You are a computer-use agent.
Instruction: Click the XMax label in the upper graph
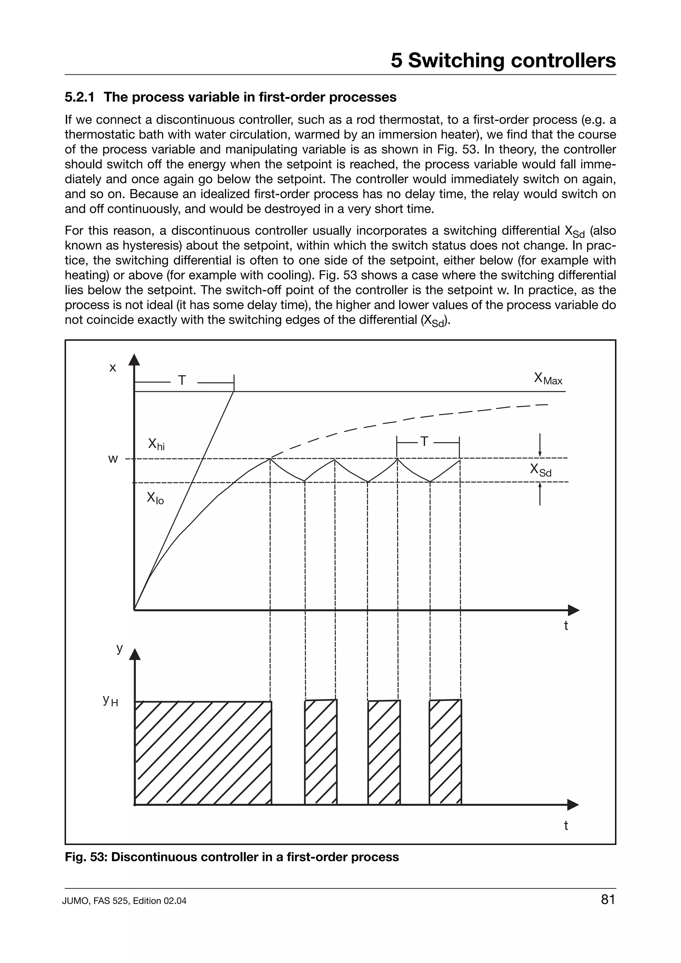coord(548,379)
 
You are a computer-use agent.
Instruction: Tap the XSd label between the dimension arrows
coord(540,470)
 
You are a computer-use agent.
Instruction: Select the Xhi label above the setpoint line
coord(156,444)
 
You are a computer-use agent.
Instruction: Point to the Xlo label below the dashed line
coord(155,498)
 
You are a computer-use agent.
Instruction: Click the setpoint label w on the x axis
coord(113,459)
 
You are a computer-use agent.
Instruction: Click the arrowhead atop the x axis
coord(134,360)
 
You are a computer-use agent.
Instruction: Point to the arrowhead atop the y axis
coord(134,654)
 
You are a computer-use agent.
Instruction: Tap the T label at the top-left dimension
coord(182,380)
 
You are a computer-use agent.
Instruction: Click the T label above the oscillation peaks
coord(424,442)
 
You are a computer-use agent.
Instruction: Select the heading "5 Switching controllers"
coord(503,60)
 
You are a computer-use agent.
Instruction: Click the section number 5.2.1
coord(79,97)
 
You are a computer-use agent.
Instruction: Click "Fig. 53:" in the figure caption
coord(86,857)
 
